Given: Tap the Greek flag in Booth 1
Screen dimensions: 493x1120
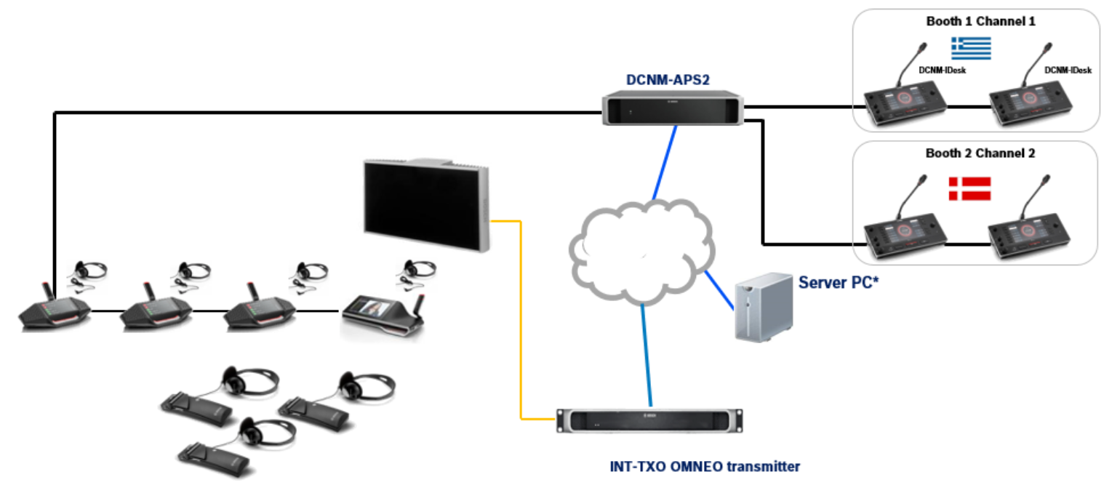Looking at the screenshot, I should click(x=971, y=48).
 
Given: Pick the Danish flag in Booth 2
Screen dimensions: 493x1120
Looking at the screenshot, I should click(x=970, y=188).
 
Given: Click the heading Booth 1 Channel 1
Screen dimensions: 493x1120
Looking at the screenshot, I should click(x=980, y=21).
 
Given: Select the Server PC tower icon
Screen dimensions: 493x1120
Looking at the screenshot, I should click(x=761, y=307).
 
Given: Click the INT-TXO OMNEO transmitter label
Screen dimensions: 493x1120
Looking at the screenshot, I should click(x=704, y=466).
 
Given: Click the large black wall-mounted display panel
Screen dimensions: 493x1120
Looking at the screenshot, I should click(x=425, y=206).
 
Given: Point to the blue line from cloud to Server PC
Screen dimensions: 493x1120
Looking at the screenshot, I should click(x=720, y=292).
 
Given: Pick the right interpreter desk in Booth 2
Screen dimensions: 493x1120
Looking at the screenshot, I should click(x=1028, y=236).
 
